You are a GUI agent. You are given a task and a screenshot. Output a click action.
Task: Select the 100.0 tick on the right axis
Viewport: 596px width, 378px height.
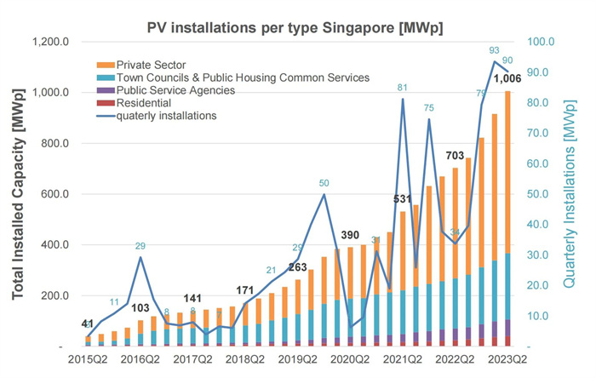(542, 42)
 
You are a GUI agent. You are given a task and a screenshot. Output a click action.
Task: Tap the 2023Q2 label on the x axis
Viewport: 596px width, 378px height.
(508, 360)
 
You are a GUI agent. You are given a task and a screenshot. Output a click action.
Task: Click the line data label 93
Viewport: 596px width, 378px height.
(495, 50)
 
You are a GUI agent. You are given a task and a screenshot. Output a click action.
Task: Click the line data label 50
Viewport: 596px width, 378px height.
(324, 183)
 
